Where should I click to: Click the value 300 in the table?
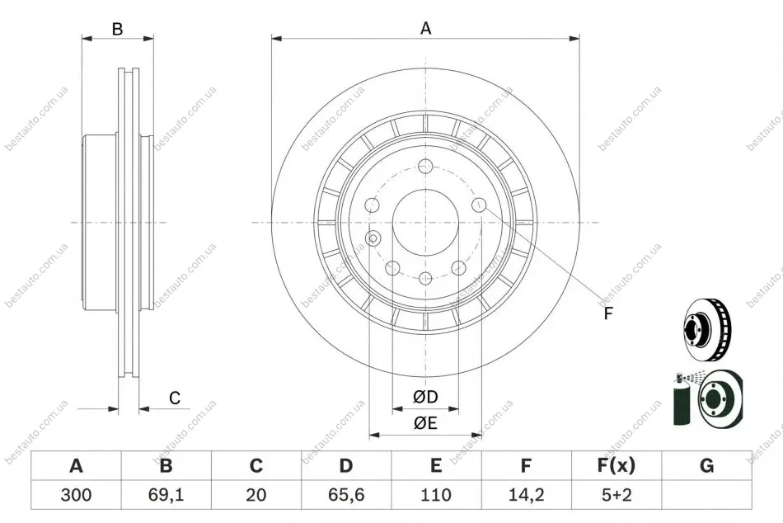(x=76, y=495)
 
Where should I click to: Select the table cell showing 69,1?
(x=166, y=495)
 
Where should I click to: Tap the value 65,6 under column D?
(x=346, y=495)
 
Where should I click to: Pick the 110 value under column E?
(x=436, y=495)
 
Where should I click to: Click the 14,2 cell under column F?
(x=527, y=495)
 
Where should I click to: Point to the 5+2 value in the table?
(x=617, y=495)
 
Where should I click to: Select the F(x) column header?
(x=617, y=465)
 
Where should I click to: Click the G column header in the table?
(x=706, y=465)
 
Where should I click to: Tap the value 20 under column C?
(x=256, y=495)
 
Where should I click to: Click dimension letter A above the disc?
(x=425, y=29)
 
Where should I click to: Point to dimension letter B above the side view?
(x=117, y=29)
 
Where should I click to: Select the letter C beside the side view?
(x=174, y=398)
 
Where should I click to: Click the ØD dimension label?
(x=425, y=397)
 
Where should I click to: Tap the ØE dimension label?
(x=425, y=423)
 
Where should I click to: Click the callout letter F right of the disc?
(x=607, y=313)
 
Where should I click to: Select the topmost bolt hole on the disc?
(x=425, y=165)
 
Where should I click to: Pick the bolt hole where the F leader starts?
(x=479, y=205)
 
